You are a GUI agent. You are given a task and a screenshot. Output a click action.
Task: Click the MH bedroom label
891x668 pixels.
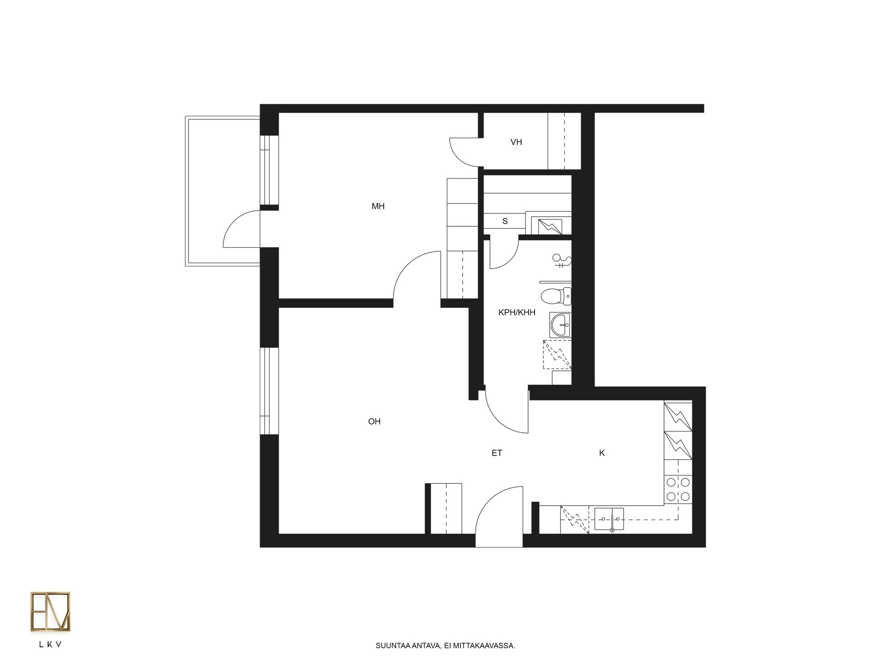[378, 206]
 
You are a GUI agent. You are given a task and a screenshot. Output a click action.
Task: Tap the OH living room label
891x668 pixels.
[374, 422]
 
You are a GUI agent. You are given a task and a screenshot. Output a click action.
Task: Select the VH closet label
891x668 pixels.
[516, 142]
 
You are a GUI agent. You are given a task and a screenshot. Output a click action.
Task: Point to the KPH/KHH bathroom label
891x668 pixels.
[517, 313]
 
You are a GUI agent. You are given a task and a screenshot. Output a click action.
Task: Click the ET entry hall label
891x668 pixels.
[497, 453]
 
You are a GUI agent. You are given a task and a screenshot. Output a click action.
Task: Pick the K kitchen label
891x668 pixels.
[602, 453]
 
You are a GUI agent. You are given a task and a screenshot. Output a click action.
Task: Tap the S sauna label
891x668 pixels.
[505, 221]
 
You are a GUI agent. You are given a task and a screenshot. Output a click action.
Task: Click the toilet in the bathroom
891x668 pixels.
[556, 296]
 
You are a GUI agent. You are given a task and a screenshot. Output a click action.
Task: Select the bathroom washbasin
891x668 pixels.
[561, 325]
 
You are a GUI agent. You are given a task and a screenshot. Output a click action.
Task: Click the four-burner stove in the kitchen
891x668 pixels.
[678, 490]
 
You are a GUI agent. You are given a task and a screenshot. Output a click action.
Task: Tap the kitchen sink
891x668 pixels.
[609, 519]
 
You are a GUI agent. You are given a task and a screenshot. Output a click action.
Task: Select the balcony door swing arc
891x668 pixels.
[234, 221]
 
